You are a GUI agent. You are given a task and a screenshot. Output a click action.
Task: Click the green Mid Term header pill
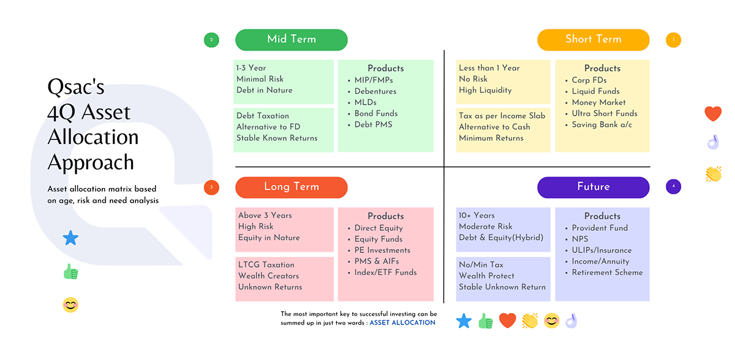(292, 40)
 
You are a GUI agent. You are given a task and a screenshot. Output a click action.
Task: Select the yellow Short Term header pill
(594, 40)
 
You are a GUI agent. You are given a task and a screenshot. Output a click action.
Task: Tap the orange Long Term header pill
(292, 187)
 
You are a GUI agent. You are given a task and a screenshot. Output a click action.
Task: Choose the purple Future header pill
(594, 187)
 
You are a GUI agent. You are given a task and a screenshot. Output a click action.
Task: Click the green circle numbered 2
(211, 40)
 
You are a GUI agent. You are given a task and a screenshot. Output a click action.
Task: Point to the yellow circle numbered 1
(673, 40)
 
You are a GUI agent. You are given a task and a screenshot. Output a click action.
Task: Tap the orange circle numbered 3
(211, 187)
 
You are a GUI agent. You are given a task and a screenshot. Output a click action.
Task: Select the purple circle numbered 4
(673, 187)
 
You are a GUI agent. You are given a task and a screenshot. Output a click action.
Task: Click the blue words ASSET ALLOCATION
(402, 323)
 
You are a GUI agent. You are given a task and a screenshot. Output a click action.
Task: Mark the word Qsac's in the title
(76, 87)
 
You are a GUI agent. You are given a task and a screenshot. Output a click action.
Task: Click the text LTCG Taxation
(266, 264)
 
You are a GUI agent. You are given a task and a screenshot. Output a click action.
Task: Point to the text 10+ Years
(477, 216)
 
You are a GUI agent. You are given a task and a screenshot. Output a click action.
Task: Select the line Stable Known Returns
(277, 138)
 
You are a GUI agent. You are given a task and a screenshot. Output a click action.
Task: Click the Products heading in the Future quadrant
(603, 216)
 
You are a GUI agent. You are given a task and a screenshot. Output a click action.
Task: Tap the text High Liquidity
(485, 91)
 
